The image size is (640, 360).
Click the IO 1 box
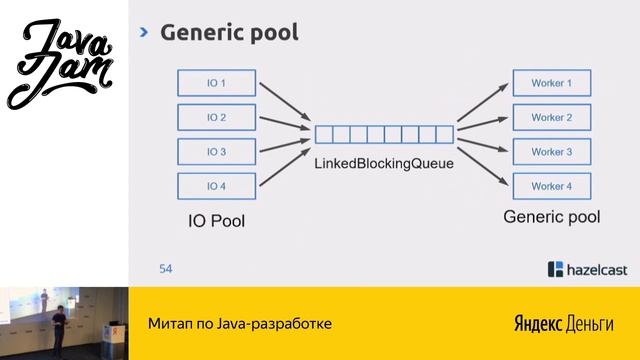coord(217,83)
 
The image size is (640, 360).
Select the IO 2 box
coord(217,118)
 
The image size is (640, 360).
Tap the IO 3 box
coord(217,152)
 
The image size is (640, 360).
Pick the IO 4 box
coord(217,186)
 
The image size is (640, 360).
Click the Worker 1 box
coord(551,83)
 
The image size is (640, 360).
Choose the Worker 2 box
coord(551,118)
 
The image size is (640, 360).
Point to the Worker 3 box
coord(551,152)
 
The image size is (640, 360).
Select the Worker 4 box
coord(551,186)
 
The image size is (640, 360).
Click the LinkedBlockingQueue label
coord(384,162)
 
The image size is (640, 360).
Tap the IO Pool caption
coord(217,220)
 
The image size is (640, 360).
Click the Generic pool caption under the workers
coord(551,216)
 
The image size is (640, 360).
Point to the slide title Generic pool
coord(230,33)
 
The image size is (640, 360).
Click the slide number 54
coord(166,268)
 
